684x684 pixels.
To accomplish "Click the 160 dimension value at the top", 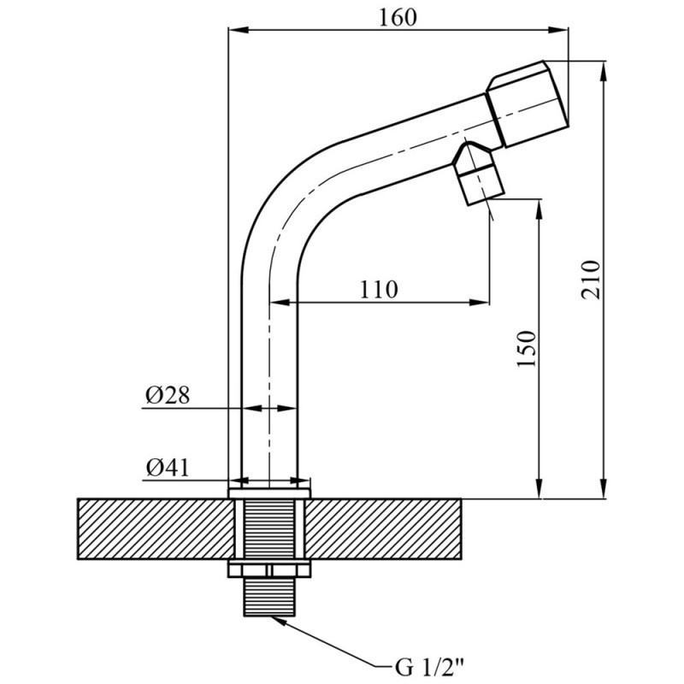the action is [x=398, y=18].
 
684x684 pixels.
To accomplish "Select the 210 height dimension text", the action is [x=591, y=280].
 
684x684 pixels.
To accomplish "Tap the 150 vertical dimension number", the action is [x=527, y=350].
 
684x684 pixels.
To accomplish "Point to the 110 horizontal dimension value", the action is [x=379, y=289].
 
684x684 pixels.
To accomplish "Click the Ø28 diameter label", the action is [x=168, y=396].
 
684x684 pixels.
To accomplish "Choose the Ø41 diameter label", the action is [x=168, y=469].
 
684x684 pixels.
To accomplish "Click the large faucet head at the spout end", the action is [x=528, y=103].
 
